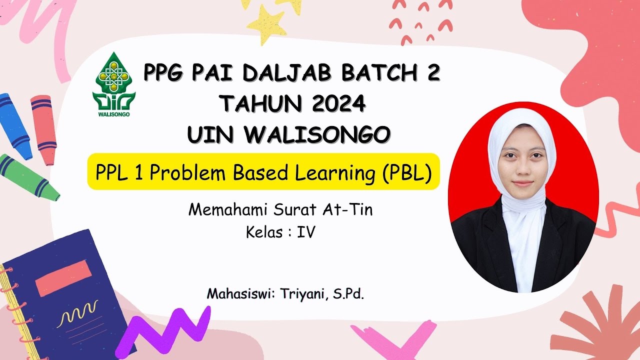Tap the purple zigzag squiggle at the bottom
click(x=165, y=327)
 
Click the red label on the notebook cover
click(x=63, y=277)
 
